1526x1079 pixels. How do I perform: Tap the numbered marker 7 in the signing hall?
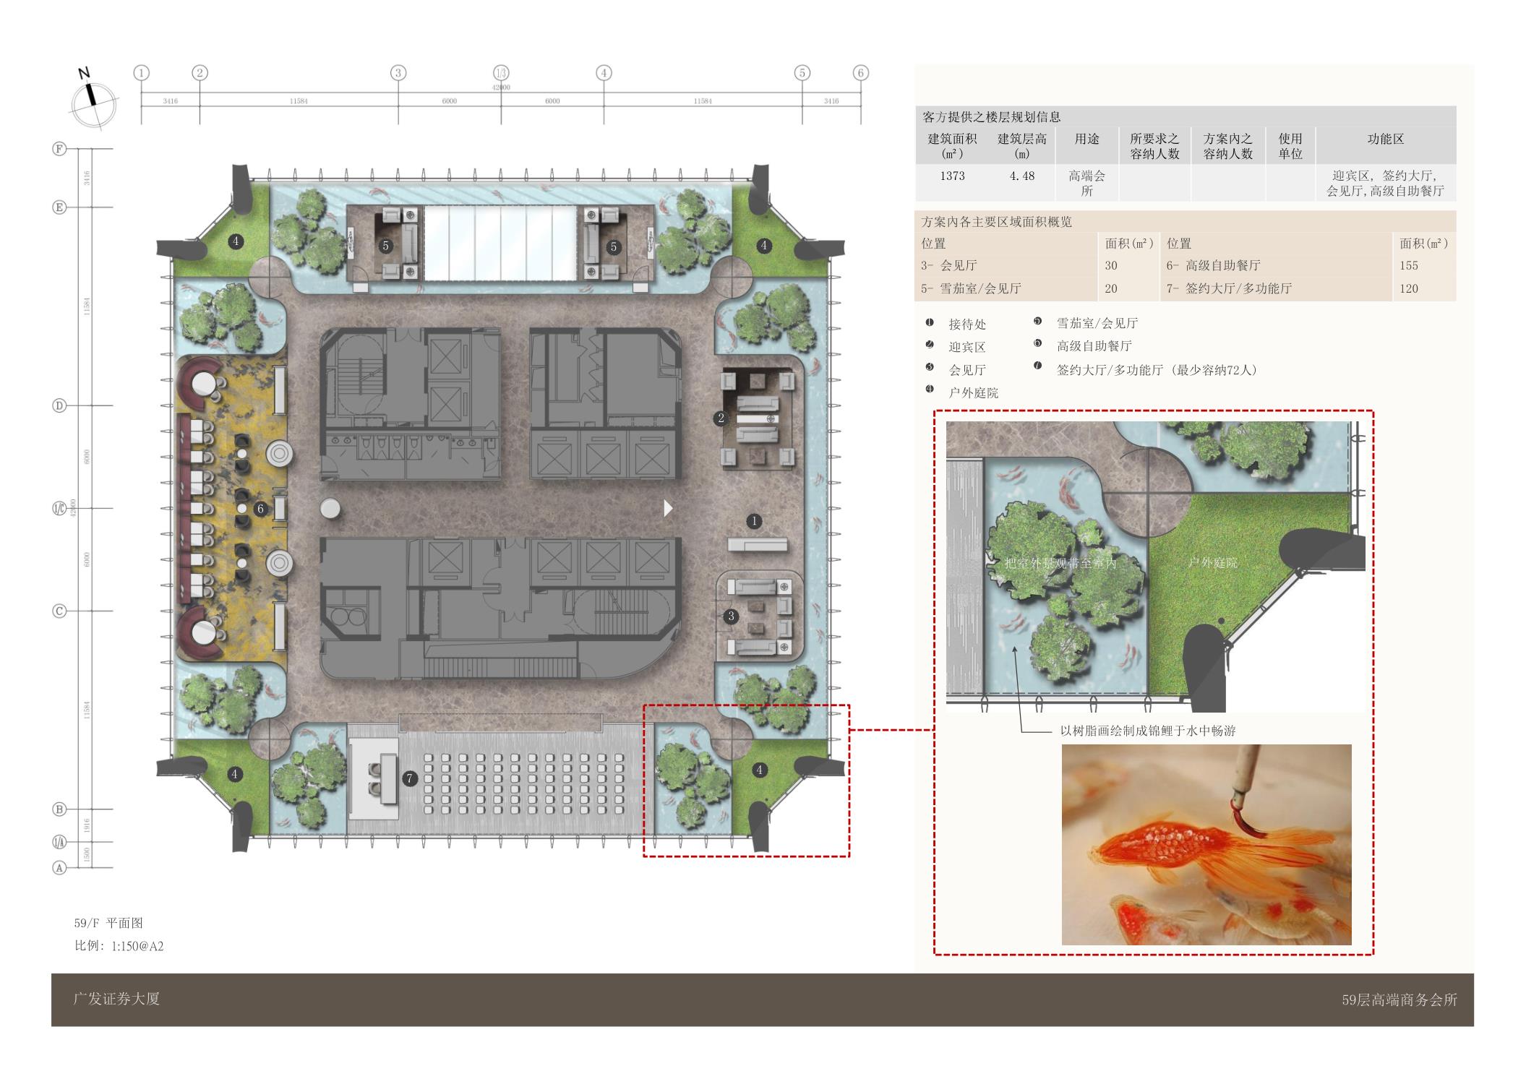click(410, 778)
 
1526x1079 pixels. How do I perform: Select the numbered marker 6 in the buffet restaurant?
click(261, 509)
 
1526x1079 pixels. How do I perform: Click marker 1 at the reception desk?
click(754, 521)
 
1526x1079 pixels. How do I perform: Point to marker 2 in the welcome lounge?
click(720, 418)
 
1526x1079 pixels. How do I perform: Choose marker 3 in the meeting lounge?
click(731, 616)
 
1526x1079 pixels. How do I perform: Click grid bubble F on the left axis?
click(60, 149)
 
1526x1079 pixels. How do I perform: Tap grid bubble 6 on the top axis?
click(860, 73)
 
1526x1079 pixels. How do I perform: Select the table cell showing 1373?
click(952, 176)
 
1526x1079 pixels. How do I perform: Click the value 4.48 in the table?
click(1021, 176)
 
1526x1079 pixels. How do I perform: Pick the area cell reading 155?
click(1408, 266)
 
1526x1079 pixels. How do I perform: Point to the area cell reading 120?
click(1408, 289)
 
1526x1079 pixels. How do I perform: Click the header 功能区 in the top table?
click(1385, 139)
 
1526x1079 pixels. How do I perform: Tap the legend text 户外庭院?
click(973, 393)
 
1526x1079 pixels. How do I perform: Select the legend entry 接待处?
click(967, 324)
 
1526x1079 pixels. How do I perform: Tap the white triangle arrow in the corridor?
click(668, 508)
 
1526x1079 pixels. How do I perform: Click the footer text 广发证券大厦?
click(116, 999)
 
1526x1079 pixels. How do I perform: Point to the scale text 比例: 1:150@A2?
click(119, 946)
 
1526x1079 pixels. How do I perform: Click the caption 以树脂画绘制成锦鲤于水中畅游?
click(1148, 731)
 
